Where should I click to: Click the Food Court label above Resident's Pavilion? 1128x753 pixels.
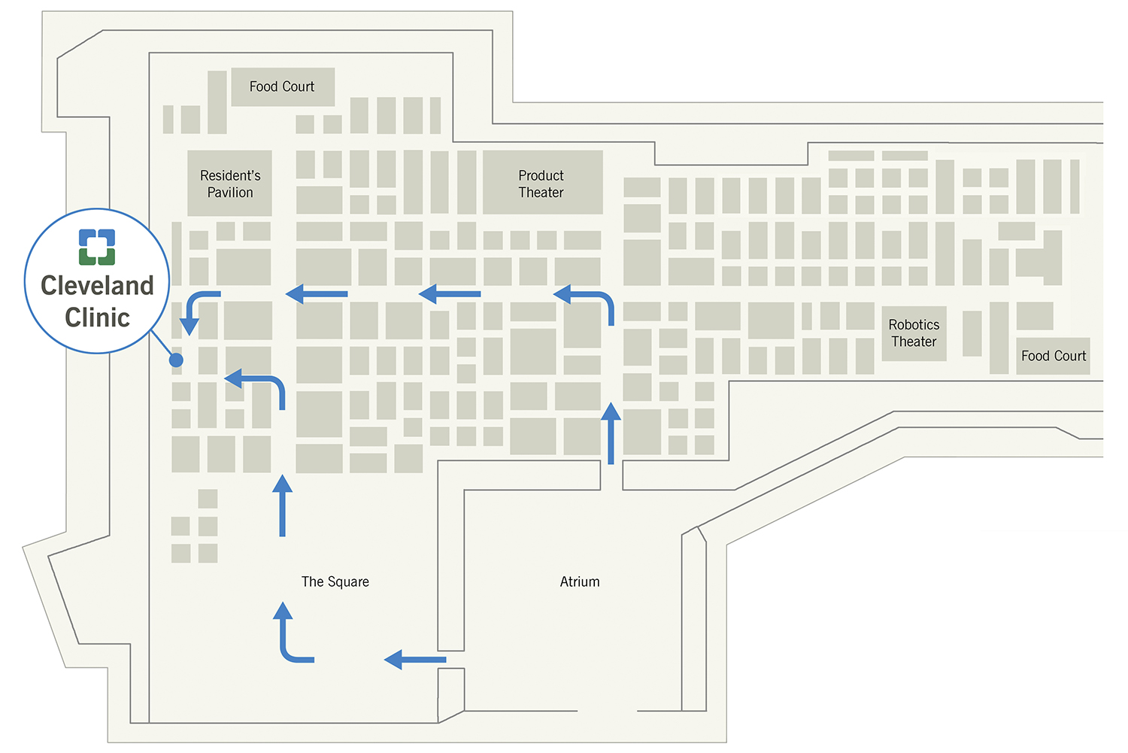[x=282, y=87]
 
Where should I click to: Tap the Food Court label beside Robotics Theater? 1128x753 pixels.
[x=1053, y=356]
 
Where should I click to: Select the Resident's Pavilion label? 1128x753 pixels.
[x=230, y=184]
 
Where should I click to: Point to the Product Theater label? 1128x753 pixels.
[x=541, y=184]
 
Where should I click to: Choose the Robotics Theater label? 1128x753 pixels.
[x=914, y=332]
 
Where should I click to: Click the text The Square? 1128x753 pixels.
[x=335, y=581]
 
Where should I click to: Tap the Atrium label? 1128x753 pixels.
[x=580, y=581]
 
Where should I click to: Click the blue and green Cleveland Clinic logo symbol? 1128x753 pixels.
[x=97, y=247]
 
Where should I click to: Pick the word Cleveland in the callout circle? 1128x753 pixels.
[x=97, y=286]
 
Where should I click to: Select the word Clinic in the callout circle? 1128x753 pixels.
[x=97, y=317]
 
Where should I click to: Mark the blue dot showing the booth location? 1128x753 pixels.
[x=176, y=360]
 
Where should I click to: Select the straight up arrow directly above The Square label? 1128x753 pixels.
[x=282, y=506]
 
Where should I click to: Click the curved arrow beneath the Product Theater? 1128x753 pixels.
[x=590, y=301]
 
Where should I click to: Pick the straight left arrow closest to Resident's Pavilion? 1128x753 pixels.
[x=317, y=293]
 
